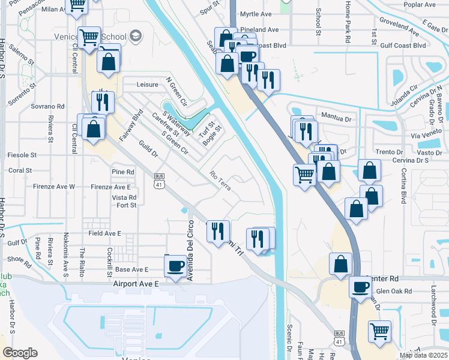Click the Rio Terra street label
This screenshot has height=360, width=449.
point(220,181)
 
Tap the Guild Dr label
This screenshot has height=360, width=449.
point(146,149)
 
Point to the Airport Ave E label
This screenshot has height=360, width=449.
point(134,283)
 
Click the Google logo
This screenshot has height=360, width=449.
point(20,353)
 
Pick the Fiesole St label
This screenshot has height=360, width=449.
point(22,155)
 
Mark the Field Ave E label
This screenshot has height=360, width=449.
point(105,233)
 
